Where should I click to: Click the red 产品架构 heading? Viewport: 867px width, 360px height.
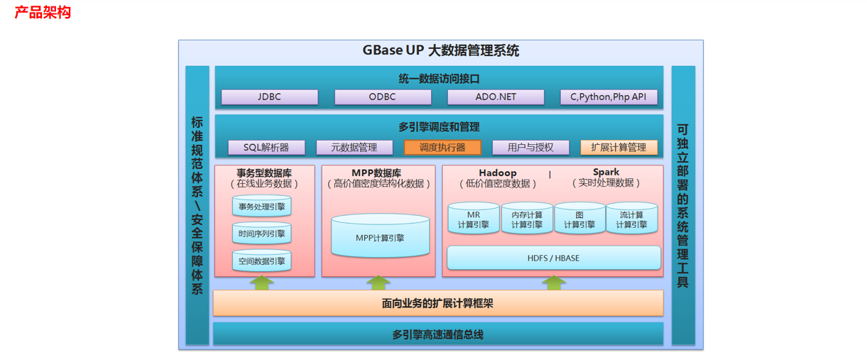click(43, 12)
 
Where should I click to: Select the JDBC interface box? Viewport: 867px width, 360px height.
click(269, 97)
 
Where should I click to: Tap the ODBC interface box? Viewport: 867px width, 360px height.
click(383, 97)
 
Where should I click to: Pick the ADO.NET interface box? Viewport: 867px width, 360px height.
click(496, 97)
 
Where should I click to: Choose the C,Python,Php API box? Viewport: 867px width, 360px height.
click(609, 97)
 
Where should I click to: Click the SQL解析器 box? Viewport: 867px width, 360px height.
click(266, 148)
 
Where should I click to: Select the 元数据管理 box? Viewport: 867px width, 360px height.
click(354, 148)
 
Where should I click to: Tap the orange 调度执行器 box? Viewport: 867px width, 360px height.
click(442, 148)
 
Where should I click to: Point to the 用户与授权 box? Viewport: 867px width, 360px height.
click(530, 148)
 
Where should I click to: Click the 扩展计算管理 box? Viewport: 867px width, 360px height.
click(618, 148)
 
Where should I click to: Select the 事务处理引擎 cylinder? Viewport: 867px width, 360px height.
click(261, 206)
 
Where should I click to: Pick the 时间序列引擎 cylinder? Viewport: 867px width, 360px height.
click(261, 233)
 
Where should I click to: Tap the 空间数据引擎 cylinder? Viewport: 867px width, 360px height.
click(261, 261)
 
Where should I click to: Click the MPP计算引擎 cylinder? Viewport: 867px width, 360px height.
click(380, 236)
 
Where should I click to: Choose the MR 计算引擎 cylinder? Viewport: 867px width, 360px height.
click(474, 219)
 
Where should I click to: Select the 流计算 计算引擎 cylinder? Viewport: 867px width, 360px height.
click(632, 219)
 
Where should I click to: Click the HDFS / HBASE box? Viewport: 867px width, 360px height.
click(553, 258)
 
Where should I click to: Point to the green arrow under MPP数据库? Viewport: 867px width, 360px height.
click(378, 283)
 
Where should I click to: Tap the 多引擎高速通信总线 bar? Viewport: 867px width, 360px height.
click(437, 334)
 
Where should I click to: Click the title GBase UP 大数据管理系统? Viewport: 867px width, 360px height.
click(441, 50)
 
